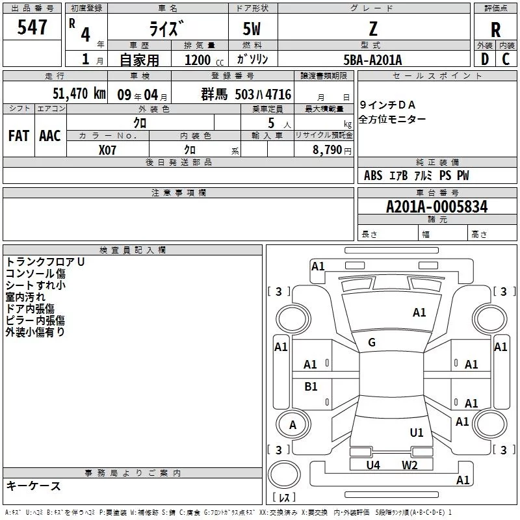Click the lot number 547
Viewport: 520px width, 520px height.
coord(32,27)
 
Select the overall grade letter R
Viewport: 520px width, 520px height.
coord(495,30)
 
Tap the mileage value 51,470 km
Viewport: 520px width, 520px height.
coord(79,93)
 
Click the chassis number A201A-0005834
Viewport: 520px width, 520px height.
coord(437,207)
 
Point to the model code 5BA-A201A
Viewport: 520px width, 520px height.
coord(372,60)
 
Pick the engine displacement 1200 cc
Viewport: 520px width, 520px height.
coord(204,60)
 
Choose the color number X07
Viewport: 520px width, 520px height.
coord(107,150)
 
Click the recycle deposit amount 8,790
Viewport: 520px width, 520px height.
coord(328,150)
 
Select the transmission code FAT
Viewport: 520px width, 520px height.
coord(19,136)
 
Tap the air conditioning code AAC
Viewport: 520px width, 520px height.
coord(50,136)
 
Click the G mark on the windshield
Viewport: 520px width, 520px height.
coord(372,343)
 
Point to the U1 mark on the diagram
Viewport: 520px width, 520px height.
coord(417,432)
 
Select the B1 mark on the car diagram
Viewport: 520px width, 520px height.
coord(311,386)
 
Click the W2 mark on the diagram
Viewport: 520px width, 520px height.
coord(409,465)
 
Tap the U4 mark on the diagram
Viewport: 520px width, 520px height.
coord(373,465)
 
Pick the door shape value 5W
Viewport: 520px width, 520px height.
coord(252,29)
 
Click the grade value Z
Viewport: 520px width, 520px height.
coord(373,29)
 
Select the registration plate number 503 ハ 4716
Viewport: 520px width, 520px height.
coord(263,94)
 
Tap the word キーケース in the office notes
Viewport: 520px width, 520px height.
coord(34,486)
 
